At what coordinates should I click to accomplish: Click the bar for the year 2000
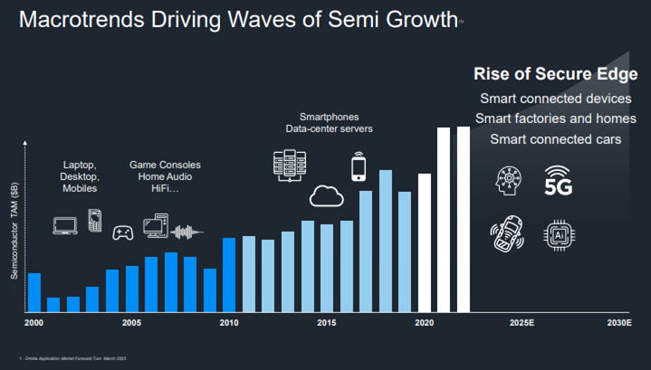coord(34,291)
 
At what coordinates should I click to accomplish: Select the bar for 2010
coord(229,274)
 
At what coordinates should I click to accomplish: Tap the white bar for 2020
coord(425,242)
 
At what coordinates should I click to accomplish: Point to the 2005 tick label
coord(131,323)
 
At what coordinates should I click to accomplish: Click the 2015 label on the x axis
coord(327,323)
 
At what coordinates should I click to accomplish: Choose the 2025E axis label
coord(522,323)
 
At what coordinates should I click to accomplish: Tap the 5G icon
coord(559,180)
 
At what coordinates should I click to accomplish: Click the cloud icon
coord(327,195)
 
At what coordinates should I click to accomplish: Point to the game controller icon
coord(122,232)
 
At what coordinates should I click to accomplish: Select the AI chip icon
coord(559,234)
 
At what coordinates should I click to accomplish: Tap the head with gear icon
coord(506,180)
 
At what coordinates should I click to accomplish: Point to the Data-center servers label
coord(330,129)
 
